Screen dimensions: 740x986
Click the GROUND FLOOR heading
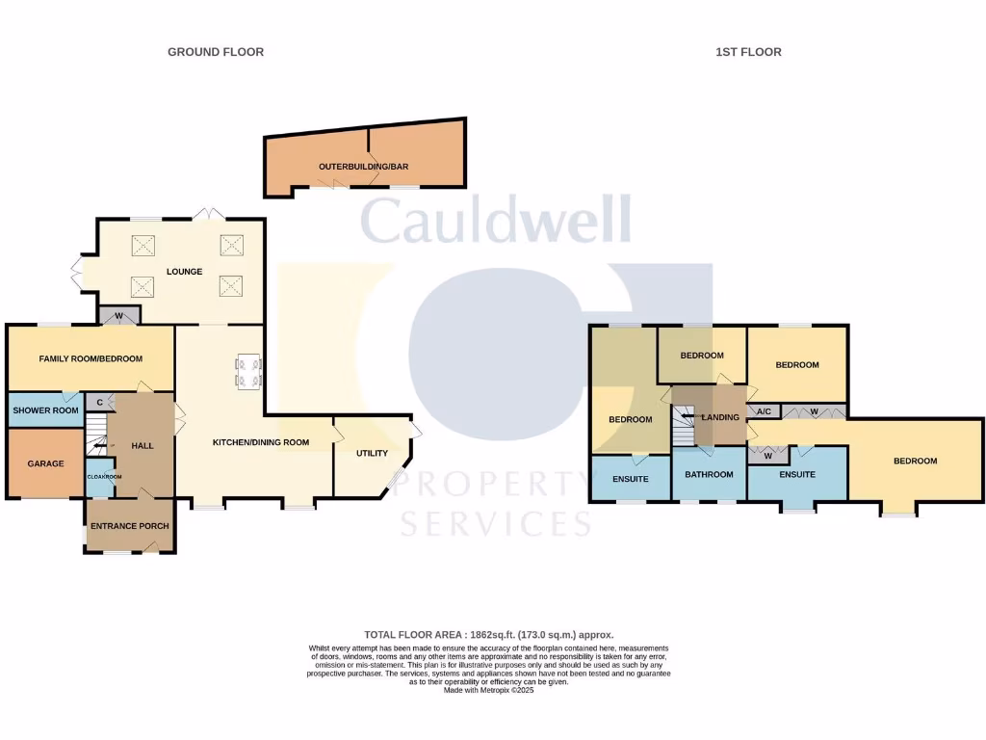216,52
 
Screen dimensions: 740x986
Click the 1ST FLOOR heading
748,52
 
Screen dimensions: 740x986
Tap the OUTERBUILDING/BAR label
364,167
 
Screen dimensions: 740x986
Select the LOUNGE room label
184,272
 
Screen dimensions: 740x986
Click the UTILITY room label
372,453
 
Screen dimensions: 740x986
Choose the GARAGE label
45,463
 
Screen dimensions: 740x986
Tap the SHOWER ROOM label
45,410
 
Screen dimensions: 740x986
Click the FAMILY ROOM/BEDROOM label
91,358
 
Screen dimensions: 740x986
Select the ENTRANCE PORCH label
129,526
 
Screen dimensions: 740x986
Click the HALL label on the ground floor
142,445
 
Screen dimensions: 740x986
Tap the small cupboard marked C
99,402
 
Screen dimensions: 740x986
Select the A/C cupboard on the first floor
764,412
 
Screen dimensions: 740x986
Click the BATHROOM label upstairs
709,474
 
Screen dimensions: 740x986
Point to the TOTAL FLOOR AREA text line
488,634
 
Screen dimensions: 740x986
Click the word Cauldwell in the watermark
496,221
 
